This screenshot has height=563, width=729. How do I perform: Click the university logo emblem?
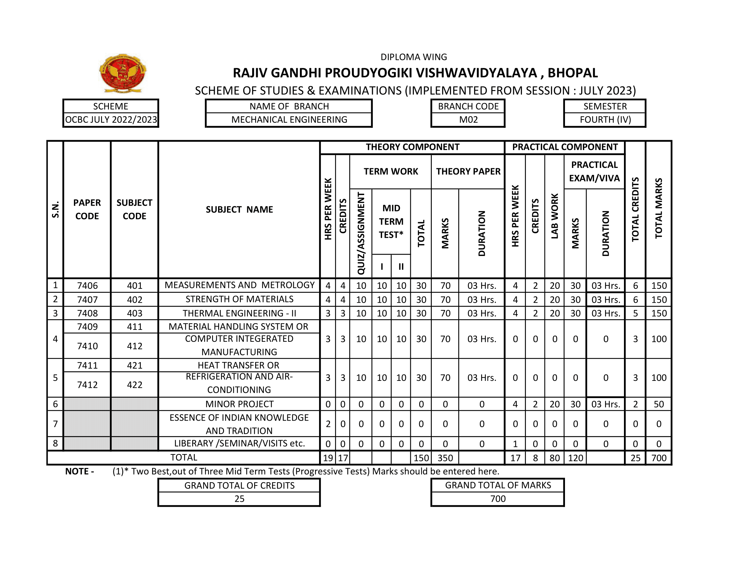click(x=123, y=73)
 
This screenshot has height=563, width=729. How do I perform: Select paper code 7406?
click(x=87, y=285)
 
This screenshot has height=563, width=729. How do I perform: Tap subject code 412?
click(x=135, y=346)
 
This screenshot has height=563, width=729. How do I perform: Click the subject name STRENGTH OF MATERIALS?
click(x=239, y=299)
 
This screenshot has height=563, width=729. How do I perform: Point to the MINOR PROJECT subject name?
click(x=239, y=404)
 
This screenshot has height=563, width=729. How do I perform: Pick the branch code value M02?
click(x=468, y=120)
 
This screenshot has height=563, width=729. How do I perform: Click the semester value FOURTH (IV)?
click(x=605, y=120)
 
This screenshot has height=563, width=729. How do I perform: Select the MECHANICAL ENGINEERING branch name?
click(x=289, y=120)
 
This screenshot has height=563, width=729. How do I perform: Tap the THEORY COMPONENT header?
click(x=412, y=147)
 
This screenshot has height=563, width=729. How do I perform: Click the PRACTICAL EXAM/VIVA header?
click(x=594, y=172)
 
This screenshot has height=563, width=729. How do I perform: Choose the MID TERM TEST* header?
click(x=391, y=222)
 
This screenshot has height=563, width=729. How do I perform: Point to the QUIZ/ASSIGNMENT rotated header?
click(x=361, y=233)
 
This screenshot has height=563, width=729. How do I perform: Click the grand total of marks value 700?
click(x=498, y=499)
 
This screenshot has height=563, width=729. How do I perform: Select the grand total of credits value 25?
click(x=239, y=499)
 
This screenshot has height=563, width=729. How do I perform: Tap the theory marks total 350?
click(x=445, y=458)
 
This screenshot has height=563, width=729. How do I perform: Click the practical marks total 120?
click(x=575, y=458)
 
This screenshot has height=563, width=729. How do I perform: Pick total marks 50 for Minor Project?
click(x=658, y=404)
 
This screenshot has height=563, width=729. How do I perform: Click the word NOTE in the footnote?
click(x=77, y=471)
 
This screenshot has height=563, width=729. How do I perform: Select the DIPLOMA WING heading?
click(x=414, y=57)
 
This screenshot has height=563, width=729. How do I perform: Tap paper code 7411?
click(x=87, y=365)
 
